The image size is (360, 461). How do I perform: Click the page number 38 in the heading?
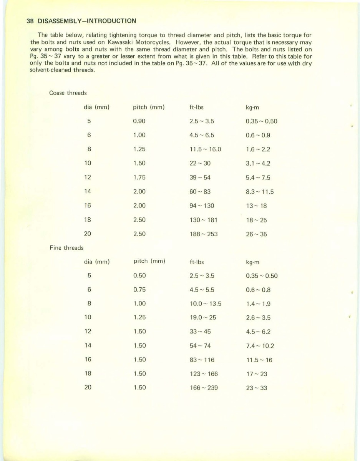(30, 21)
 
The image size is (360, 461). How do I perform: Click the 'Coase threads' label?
(68, 93)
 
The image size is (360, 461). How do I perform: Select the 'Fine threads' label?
(66, 248)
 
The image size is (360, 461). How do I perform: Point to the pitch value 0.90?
(139, 121)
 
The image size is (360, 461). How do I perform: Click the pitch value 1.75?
(139, 177)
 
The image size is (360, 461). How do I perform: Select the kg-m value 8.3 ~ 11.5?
(260, 192)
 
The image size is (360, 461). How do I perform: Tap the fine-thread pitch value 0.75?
(139, 290)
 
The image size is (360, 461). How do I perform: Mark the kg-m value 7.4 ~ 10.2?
(260, 346)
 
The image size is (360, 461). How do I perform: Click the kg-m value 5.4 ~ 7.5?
(258, 177)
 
